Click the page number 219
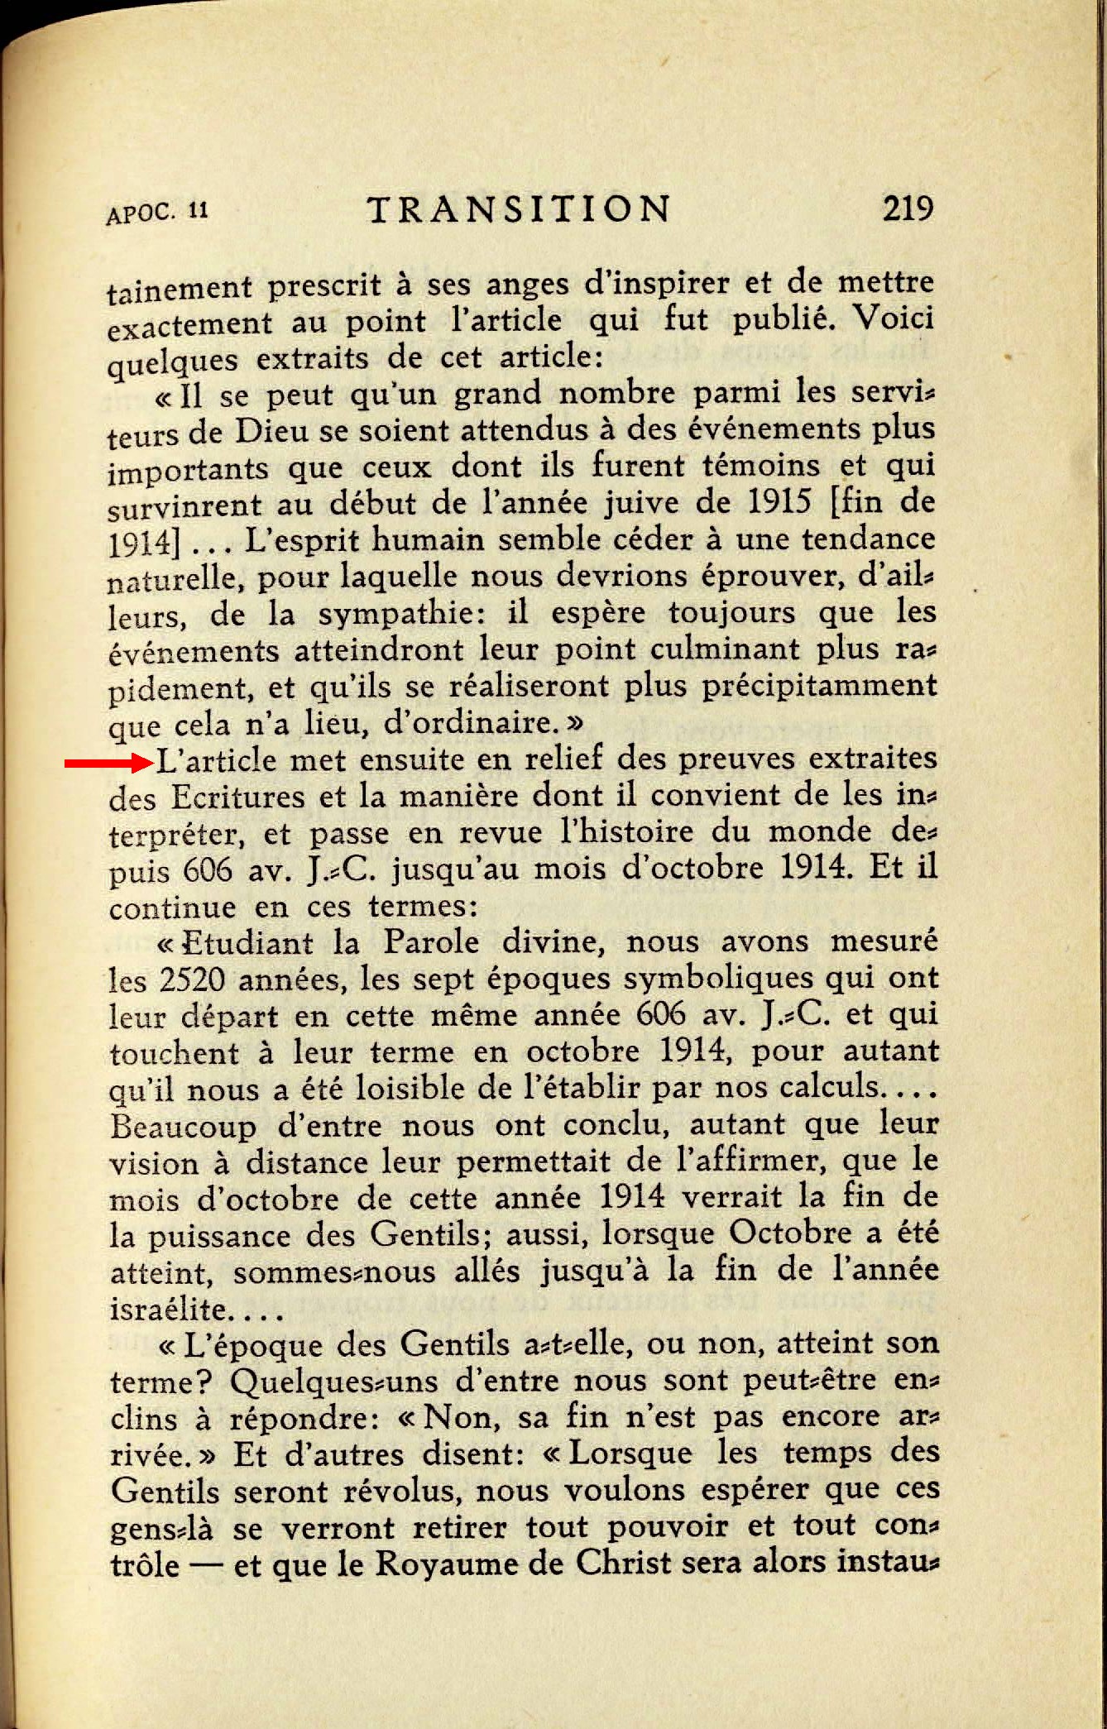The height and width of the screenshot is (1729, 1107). coord(908,208)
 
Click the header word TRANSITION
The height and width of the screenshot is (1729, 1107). coord(519,210)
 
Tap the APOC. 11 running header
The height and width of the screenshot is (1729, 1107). coord(157,213)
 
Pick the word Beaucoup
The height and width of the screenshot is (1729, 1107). coord(183,1127)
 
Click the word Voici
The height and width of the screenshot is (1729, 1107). coord(893,318)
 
